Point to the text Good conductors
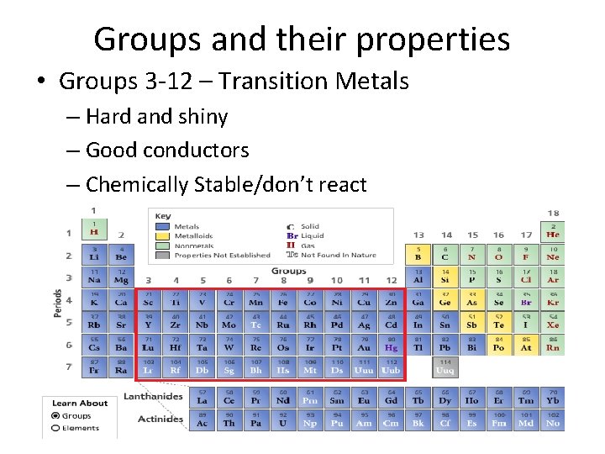(167, 150)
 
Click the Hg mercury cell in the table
(391, 344)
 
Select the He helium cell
(552, 231)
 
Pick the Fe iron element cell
(283, 298)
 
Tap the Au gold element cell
(364, 344)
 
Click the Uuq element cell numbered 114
(445, 367)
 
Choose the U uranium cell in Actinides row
(282, 420)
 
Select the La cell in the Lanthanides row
(202, 398)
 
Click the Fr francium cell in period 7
(94, 367)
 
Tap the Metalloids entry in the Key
(193, 236)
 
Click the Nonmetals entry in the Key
(193, 245)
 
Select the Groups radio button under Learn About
(55, 415)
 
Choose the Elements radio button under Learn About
(55, 428)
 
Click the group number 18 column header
(553, 214)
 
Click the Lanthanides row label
(160, 396)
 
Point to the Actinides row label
(161, 418)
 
